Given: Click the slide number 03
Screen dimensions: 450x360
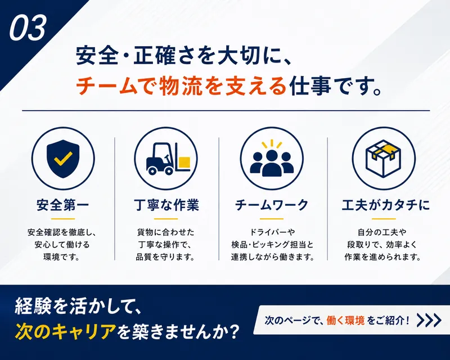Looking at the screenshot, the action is coord(28,28).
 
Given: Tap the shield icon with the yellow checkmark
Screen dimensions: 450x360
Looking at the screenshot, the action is coord(63,159).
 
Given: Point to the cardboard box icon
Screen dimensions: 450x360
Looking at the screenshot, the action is coord(383,159).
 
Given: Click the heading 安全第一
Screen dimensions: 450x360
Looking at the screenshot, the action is coord(63,205).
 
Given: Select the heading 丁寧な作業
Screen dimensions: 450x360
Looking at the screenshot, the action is coord(166,205).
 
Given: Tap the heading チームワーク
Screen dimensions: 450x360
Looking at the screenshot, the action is coord(272,205).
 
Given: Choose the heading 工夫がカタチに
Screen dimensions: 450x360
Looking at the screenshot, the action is coord(386,205).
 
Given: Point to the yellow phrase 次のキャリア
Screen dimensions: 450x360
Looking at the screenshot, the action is coord(66,331).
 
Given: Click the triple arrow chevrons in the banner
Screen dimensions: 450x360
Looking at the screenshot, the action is coord(429,321).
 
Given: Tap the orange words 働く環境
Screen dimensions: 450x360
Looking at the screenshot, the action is coord(345,321).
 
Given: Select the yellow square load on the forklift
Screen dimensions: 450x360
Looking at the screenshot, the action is coord(184,162).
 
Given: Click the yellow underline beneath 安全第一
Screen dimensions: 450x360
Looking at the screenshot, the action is coord(63,219).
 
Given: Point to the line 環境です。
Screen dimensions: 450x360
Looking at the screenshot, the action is coord(62,256).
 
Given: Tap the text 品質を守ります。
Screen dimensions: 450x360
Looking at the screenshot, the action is coord(165,256).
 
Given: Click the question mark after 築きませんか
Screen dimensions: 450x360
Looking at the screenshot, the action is coord(235,331).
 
